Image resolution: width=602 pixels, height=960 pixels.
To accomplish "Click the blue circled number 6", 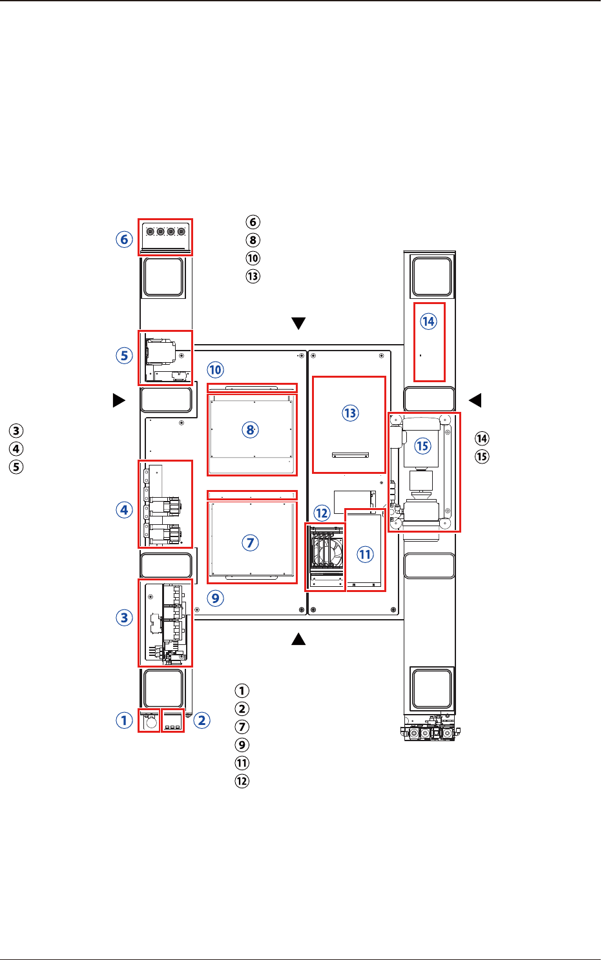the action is coord(125,239).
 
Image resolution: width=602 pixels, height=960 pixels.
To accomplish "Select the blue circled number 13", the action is coord(350,413).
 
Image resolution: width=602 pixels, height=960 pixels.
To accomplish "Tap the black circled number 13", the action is coord(253,276).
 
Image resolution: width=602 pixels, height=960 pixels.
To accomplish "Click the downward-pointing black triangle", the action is coord(298,323).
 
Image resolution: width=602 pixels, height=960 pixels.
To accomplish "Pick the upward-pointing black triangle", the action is coord(298,639).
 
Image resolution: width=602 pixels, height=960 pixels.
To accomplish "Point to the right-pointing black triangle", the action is coord(119,400).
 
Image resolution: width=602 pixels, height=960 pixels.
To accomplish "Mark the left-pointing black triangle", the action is coord(475,400).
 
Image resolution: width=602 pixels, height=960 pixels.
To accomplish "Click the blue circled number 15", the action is coord(422,446).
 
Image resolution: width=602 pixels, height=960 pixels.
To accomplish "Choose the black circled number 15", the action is coord(482,456).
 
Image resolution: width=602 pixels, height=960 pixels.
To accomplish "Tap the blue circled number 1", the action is coord(125,720).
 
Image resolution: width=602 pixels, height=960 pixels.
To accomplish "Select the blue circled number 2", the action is coord(202,720).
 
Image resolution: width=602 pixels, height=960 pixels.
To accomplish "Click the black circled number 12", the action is coord(242,781).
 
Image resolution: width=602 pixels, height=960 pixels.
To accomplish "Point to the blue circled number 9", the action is coord(215,598).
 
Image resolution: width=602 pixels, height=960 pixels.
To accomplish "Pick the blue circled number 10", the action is coord(215,370).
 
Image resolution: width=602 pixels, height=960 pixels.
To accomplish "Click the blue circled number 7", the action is coord(251,543).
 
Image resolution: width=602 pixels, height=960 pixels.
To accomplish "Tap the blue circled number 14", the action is coord(428,322).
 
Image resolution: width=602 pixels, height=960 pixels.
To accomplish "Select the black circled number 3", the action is coord(16,431).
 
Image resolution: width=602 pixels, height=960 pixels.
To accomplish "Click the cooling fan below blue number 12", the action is coord(328,551).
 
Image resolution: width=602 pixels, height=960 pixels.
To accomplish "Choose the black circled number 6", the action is coord(253,222).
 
